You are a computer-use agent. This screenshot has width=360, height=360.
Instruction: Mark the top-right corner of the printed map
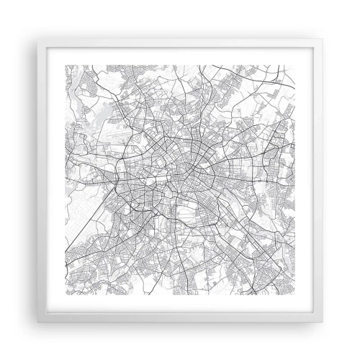(x=295, y=64)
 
